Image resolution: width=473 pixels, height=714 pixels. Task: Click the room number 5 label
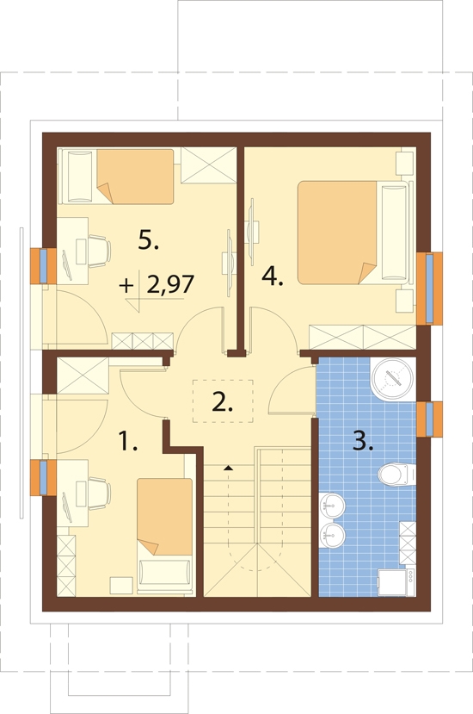[x=148, y=239]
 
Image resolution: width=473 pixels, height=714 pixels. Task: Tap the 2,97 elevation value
[x=170, y=284]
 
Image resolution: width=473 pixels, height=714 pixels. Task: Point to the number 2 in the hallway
[x=223, y=401]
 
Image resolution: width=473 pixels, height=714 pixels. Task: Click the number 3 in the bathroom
[x=363, y=441]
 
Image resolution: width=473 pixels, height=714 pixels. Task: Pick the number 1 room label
[x=128, y=441]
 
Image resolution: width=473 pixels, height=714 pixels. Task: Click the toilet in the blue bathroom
[x=396, y=474]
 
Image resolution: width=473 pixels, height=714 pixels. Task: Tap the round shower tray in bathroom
[x=393, y=379]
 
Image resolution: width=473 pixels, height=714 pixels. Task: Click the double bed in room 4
[x=353, y=233]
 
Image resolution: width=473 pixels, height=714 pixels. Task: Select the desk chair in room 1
[x=100, y=494]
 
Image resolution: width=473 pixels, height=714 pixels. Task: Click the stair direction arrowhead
[x=228, y=468]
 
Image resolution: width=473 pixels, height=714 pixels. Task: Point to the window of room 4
[x=430, y=289]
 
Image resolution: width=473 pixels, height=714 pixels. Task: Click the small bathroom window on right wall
[x=430, y=419]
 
